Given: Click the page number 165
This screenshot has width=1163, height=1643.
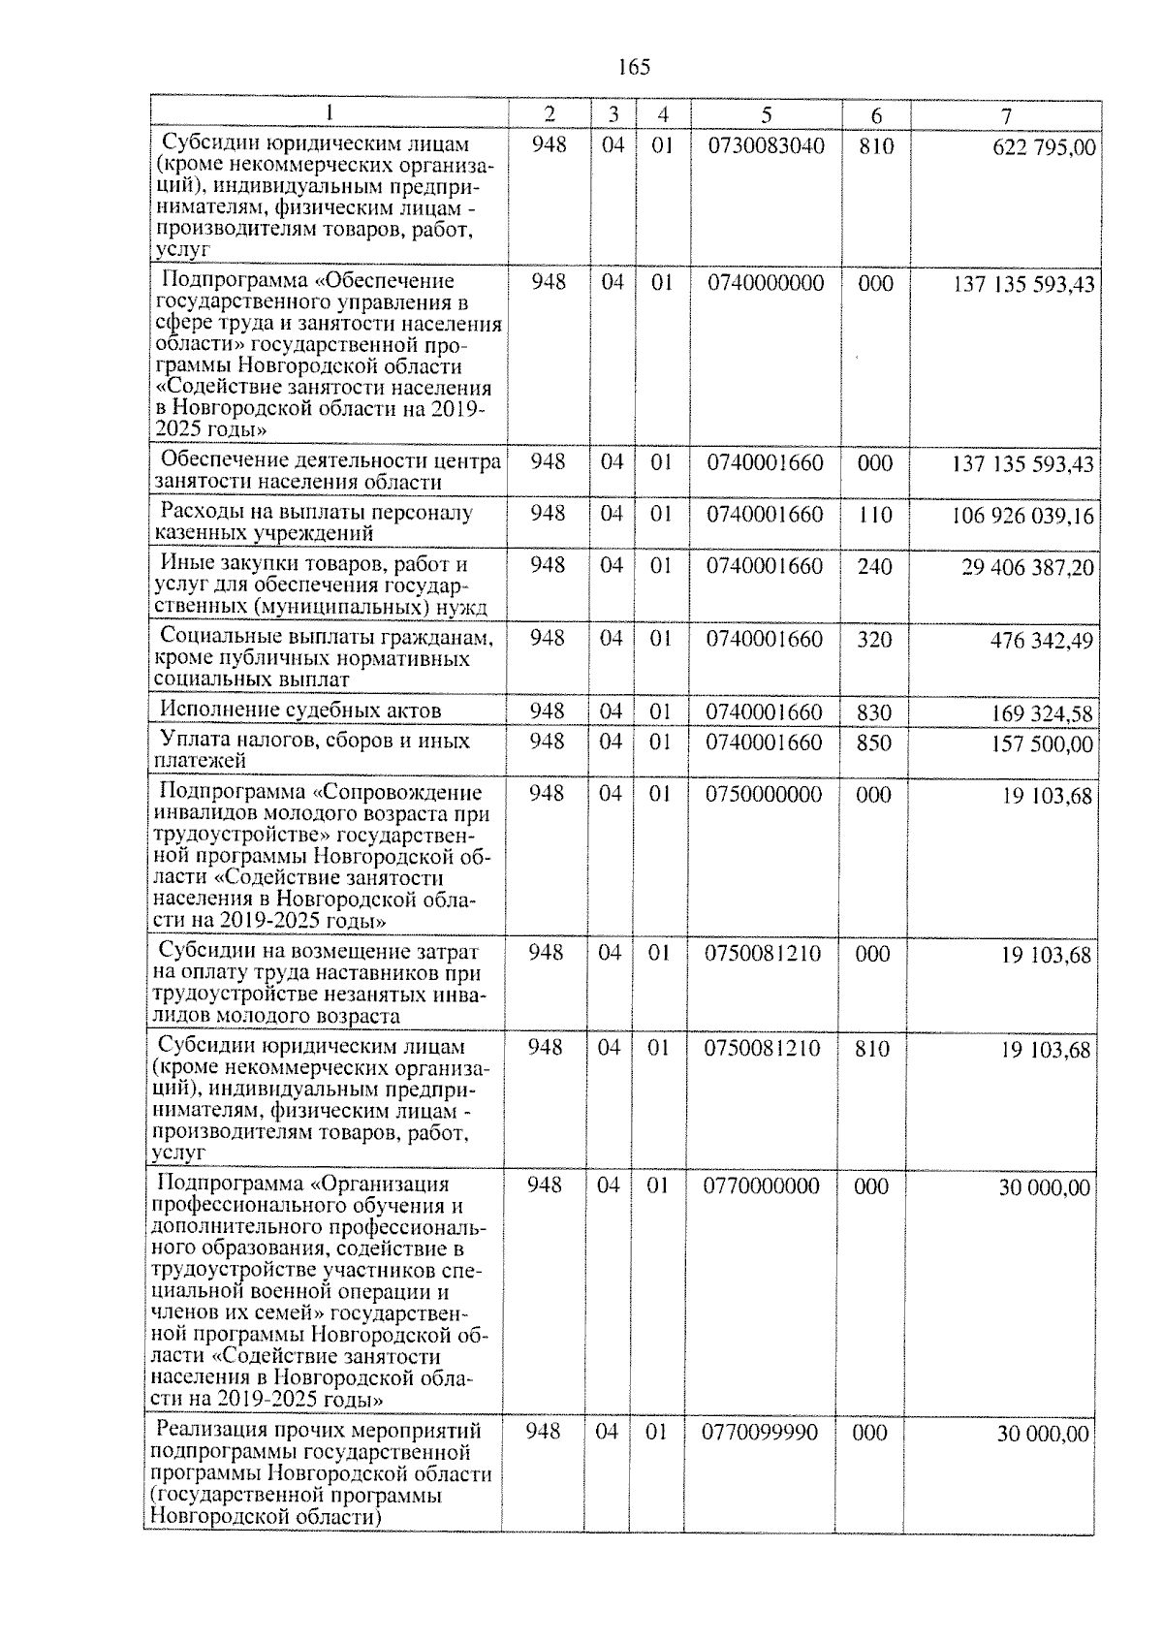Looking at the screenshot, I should [633, 67].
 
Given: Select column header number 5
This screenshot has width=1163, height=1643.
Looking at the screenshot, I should [766, 115].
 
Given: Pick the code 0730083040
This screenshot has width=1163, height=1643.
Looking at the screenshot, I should [767, 146].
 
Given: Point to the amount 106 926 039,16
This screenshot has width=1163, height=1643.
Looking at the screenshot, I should [1023, 516].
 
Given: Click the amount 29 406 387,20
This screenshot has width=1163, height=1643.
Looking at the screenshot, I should [1027, 567].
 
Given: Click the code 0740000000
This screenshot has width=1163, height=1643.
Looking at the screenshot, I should [766, 283].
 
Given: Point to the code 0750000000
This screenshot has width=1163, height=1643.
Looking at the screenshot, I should [764, 795].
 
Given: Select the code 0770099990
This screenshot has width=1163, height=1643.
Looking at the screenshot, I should [760, 1433].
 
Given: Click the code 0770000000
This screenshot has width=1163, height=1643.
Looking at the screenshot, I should [761, 1186].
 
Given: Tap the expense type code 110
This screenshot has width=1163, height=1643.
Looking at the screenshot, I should [875, 515].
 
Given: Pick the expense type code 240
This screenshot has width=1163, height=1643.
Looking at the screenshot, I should [875, 566].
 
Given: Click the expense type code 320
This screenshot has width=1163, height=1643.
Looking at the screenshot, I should [875, 640].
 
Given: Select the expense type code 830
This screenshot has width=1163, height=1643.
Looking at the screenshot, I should [875, 713].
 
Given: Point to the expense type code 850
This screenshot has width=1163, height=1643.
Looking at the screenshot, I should [875, 743].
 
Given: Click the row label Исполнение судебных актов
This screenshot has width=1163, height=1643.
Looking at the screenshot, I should [300, 711].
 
